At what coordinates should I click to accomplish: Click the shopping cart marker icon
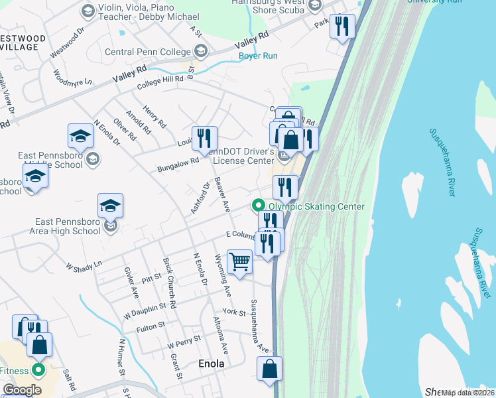point(239,261)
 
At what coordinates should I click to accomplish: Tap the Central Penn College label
point(147,51)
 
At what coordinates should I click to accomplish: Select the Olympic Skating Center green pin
point(259,206)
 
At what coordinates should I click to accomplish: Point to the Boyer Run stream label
point(258,56)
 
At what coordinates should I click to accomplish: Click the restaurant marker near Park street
point(342,27)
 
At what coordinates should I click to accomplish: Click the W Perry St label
point(184,344)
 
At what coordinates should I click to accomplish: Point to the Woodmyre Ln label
point(73,77)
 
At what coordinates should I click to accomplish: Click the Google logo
point(22,390)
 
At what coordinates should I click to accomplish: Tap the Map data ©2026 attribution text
point(467,393)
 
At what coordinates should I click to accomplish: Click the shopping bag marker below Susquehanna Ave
point(270,369)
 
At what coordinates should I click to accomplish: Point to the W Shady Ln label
point(84,265)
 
